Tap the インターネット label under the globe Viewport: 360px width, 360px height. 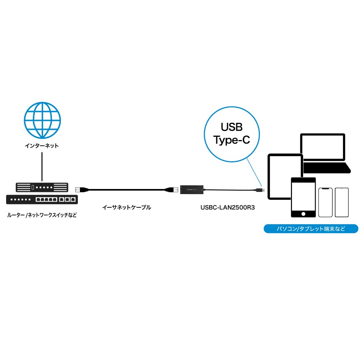click(x=42, y=146)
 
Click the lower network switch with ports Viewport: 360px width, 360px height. click(x=42, y=199)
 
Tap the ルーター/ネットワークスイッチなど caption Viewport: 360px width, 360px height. click(x=42, y=215)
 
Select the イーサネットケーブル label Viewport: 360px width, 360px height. click(x=127, y=207)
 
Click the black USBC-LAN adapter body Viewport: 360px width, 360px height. click(x=192, y=189)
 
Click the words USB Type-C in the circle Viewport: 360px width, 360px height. click(x=231, y=133)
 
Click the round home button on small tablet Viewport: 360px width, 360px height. click(x=303, y=213)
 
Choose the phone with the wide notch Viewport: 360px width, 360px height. click(x=325, y=202)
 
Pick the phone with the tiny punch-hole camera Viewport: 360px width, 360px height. click(x=342, y=202)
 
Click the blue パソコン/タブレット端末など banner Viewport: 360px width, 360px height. click(x=311, y=229)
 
